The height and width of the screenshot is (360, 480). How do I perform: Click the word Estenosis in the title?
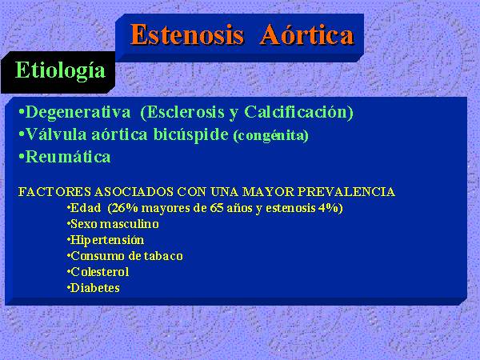tap(187, 35)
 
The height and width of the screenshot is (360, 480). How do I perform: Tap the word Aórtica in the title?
tap(307, 34)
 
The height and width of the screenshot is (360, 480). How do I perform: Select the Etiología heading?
tap(60, 70)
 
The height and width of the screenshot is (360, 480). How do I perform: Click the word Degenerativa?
tap(78, 112)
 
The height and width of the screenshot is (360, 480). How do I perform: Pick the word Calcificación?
tap(298, 112)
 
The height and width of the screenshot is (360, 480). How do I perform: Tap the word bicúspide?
tap(191, 135)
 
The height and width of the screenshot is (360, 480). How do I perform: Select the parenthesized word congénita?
tap(271, 136)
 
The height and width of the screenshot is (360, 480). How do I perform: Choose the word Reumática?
tap(68, 157)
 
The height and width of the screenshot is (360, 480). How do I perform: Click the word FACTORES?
tap(54, 192)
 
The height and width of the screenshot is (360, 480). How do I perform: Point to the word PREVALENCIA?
tap(346, 192)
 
